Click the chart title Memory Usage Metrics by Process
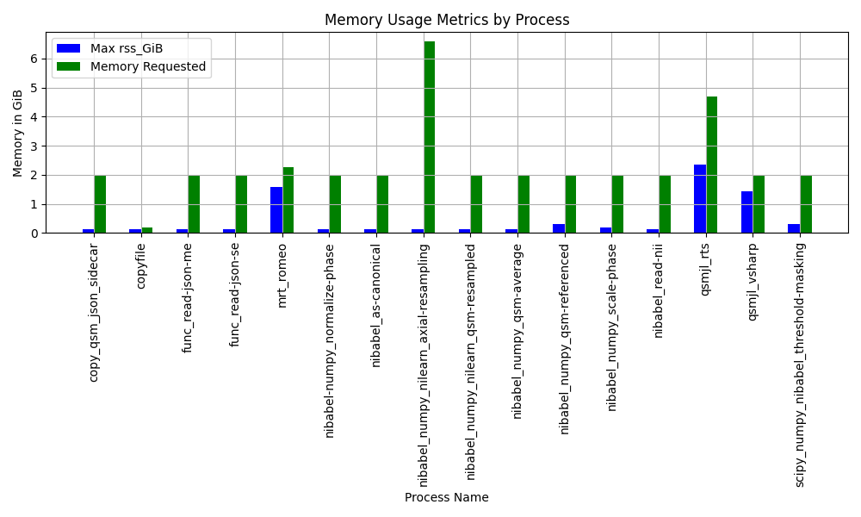point(446,20)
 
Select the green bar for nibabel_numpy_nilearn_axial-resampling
point(429,137)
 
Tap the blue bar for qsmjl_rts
point(700,199)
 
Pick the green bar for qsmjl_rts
point(712,165)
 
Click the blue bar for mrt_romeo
point(276,210)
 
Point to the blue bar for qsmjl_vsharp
point(746,212)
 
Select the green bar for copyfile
point(147,230)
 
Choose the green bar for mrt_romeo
point(288,200)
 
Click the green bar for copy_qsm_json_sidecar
point(100,204)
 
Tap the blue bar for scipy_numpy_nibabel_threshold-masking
point(794,228)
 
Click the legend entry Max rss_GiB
point(127,48)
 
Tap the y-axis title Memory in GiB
point(17,133)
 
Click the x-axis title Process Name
point(446,497)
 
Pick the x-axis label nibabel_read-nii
point(659,290)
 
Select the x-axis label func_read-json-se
point(234,295)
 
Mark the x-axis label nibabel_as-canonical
point(375,306)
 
